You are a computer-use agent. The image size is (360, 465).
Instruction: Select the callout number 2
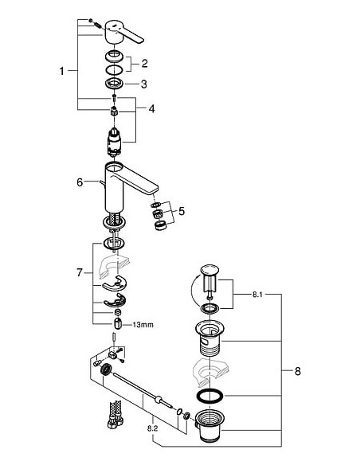tap(145, 63)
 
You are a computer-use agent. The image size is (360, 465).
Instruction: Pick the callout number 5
tap(182, 211)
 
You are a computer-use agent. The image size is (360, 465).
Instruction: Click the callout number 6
tap(80, 182)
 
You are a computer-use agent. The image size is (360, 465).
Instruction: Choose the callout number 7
tap(80, 273)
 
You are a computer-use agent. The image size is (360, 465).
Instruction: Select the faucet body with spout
tap(127, 179)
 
